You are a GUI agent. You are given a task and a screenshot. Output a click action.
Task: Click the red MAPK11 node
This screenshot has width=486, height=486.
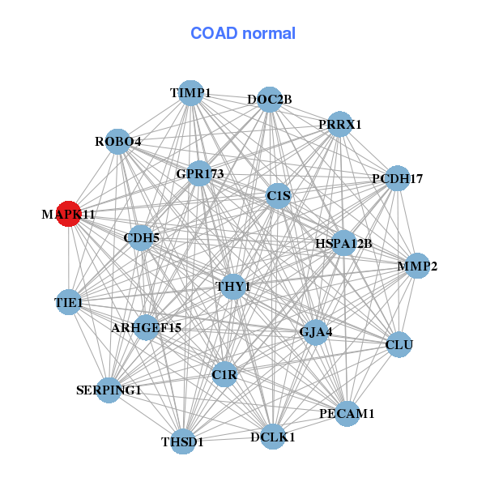click(69, 214)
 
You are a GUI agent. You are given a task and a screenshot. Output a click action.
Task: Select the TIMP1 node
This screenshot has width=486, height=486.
click(190, 93)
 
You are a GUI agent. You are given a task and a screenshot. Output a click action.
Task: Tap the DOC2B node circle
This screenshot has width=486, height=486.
click(270, 100)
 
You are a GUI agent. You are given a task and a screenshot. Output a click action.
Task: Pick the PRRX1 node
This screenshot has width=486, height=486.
click(340, 124)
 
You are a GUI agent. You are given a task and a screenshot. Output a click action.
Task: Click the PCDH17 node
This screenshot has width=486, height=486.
click(397, 178)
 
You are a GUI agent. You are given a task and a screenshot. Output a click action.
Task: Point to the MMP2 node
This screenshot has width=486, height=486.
click(417, 266)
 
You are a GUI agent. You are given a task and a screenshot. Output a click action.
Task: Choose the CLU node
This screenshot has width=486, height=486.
click(399, 345)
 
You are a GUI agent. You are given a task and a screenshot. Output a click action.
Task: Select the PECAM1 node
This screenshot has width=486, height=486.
click(347, 413)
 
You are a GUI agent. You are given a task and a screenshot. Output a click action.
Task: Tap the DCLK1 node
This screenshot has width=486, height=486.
click(273, 437)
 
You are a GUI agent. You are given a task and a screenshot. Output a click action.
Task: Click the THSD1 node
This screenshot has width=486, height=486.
click(183, 441)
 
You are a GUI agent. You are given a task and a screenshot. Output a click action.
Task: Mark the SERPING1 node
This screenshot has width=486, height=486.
click(109, 390)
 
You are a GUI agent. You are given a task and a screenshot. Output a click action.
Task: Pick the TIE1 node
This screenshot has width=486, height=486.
click(69, 303)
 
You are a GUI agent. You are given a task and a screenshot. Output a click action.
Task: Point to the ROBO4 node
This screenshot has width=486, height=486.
click(118, 142)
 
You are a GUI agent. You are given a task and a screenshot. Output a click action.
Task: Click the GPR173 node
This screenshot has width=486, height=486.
click(200, 173)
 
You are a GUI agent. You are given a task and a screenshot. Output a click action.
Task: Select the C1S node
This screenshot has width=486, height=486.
click(278, 195)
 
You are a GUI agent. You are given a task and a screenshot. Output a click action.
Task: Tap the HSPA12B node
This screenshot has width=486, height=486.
click(343, 243)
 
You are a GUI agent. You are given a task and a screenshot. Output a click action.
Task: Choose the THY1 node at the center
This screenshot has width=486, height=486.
click(233, 287)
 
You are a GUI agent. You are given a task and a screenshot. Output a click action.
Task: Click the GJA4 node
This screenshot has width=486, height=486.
click(316, 331)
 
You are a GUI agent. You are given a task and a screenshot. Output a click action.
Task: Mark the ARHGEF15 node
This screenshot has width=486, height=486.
click(147, 327)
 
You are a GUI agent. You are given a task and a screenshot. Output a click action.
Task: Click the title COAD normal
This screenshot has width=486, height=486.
click(243, 34)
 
